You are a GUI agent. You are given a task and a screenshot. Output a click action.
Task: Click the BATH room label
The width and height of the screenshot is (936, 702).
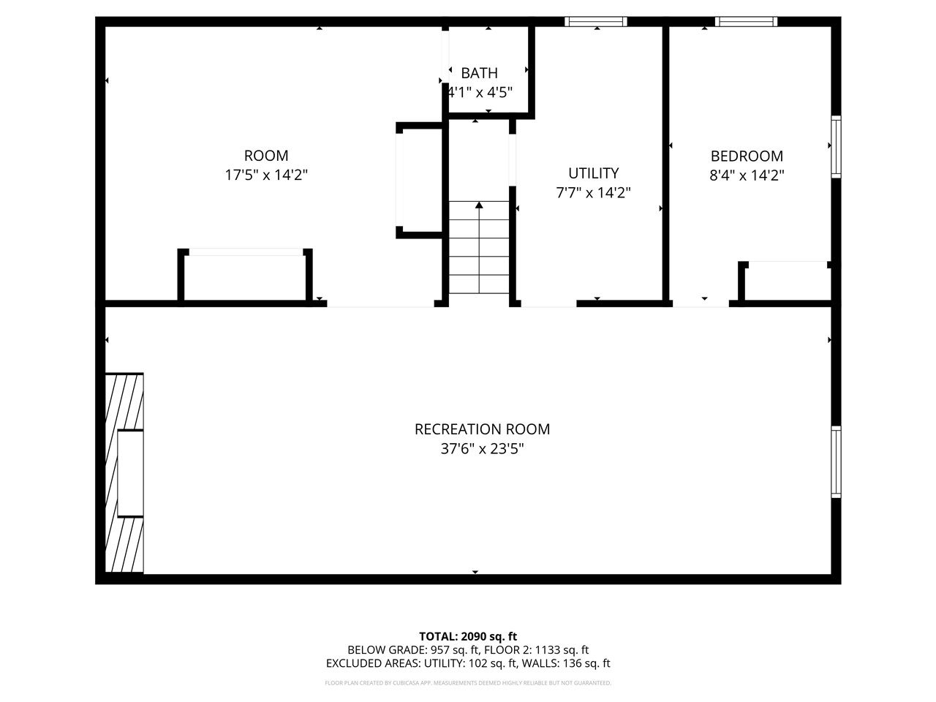pyautogui.click(x=479, y=73)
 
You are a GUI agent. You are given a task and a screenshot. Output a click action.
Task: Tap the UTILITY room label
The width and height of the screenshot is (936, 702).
pyautogui.click(x=593, y=173)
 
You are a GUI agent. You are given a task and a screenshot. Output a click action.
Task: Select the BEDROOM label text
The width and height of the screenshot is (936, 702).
pyautogui.click(x=747, y=156)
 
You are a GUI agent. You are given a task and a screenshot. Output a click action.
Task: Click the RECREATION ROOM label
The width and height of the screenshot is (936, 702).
pyautogui.click(x=482, y=429)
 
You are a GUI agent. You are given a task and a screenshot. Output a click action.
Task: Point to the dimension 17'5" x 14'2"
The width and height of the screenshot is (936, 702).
pyautogui.click(x=266, y=175)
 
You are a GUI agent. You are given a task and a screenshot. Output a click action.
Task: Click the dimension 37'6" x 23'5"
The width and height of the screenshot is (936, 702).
pyautogui.click(x=482, y=448)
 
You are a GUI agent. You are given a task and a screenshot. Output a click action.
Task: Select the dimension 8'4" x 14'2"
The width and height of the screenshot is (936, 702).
pyautogui.click(x=747, y=175)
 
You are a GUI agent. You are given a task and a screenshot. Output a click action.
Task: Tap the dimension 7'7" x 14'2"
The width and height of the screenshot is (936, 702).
pyautogui.click(x=593, y=193)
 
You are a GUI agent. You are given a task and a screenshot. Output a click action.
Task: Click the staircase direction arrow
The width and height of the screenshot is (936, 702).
pyautogui.click(x=479, y=206)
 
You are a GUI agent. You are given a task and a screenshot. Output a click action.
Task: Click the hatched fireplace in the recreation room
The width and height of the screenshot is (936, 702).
pyautogui.click(x=124, y=473)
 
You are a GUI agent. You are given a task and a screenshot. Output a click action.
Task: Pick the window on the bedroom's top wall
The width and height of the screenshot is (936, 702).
pyautogui.click(x=746, y=22)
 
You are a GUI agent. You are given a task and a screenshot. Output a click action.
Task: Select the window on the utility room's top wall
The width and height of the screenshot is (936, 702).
pyautogui.click(x=596, y=22)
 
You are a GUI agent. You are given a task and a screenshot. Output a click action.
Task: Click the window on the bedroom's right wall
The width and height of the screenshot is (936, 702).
pyautogui.click(x=836, y=146)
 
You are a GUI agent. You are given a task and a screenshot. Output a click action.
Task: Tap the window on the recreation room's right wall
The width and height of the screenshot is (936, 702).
pyautogui.click(x=836, y=462)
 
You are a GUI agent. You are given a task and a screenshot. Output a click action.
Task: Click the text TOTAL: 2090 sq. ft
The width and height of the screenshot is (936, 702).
pyautogui.click(x=468, y=636)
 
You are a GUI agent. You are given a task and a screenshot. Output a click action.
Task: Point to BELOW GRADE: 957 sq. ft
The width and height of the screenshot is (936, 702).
pyautogui.click(x=412, y=650)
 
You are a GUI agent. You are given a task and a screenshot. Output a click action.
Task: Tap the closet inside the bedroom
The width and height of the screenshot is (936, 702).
pyautogui.click(x=787, y=282)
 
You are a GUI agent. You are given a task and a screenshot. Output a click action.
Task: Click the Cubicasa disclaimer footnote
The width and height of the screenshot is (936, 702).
pyautogui.click(x=468, y=683)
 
